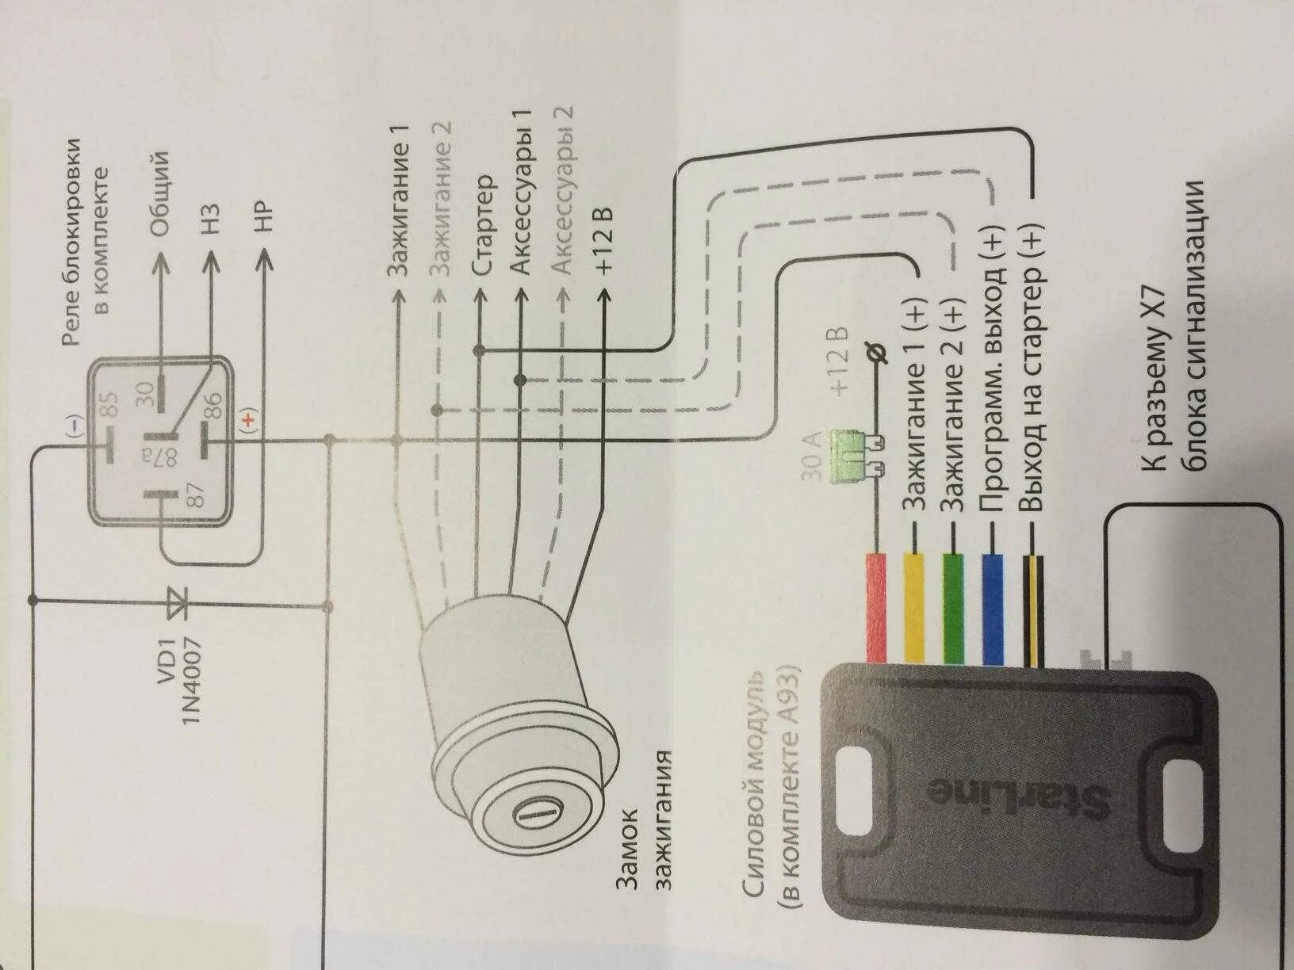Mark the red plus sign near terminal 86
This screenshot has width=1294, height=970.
pyautogui.click(x=250, y=418)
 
